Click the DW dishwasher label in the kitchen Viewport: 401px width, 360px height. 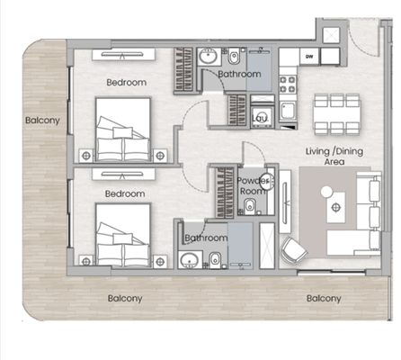point(309,57)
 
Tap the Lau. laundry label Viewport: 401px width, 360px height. point(260,118)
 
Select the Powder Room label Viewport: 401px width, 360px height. point(253,185)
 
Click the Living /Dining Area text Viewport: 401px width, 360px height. point(334,157)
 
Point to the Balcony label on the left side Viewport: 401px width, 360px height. point(42,121)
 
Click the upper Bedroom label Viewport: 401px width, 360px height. point(127,82)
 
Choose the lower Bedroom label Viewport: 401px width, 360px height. point(125,193)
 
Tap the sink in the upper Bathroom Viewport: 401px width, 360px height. point(208,56)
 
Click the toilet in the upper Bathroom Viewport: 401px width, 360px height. point(234,57)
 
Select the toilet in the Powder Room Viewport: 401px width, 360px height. point(250,207)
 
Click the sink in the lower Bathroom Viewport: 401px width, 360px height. point(190,260)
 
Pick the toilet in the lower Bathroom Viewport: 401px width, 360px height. point(215,260)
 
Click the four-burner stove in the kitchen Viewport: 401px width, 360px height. point(288,85)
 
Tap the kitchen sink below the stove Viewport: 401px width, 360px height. point(288,110)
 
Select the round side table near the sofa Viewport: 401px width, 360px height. point(326,192)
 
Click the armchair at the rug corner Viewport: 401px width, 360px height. point(293,249)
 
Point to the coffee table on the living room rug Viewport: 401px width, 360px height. point(336,207)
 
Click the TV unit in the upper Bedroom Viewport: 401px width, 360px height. point(123,55)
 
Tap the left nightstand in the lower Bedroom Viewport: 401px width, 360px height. point(86,262)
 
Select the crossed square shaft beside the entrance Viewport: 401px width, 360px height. point(331,35)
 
